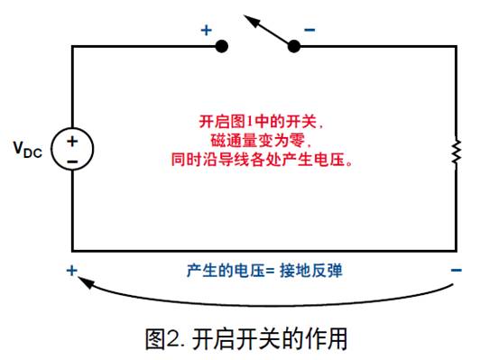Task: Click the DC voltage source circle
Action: [x=71, y=149]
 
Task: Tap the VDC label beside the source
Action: [x=26, y=148]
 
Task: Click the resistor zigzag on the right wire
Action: [x=457, y=152]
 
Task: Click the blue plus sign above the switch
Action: [x=206, y=30]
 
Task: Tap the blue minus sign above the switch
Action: [x=310, y=30]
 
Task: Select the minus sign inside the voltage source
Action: [x=71, y=160]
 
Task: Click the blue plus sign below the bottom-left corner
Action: [x=71, y=270]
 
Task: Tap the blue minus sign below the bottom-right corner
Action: [x=457, y=270]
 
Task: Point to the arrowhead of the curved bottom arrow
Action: [x=83, y=282]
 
